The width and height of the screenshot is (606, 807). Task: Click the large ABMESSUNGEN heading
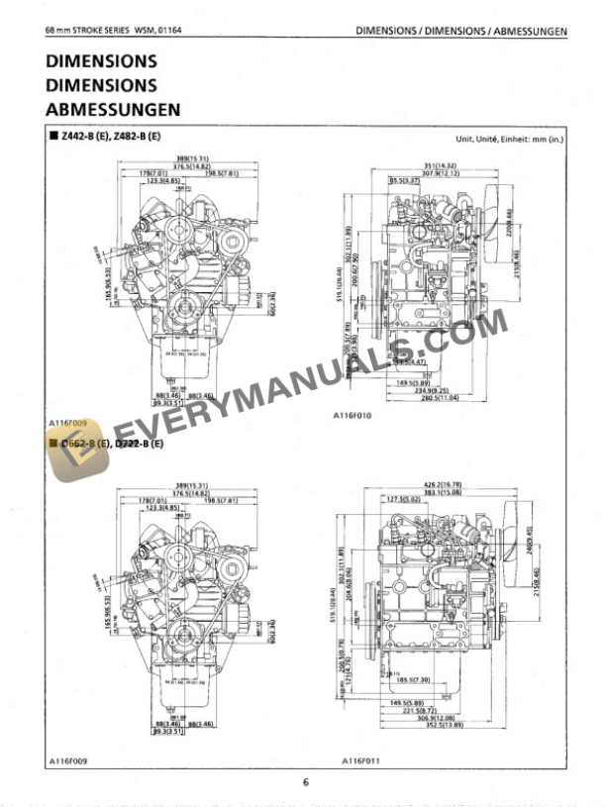click(112, 109)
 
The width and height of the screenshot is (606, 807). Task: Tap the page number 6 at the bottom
click(306, 783)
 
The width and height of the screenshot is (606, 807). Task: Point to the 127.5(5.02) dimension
click(403, 499)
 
